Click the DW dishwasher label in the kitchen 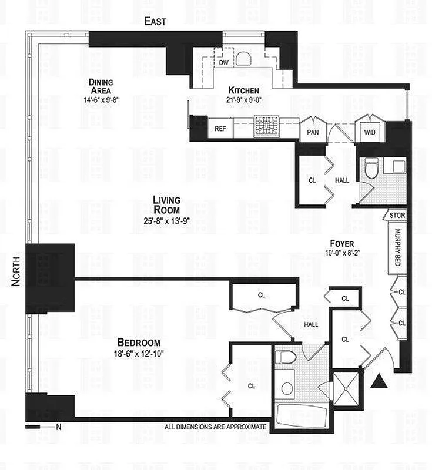[223, 61]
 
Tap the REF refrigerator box [220, 129]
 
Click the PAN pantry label [313, 132]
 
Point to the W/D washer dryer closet [370, 132]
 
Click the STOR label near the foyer [397, 216]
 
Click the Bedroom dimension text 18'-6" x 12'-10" [139, 354]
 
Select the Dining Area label [102, 86]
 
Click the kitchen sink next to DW [244, 59]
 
